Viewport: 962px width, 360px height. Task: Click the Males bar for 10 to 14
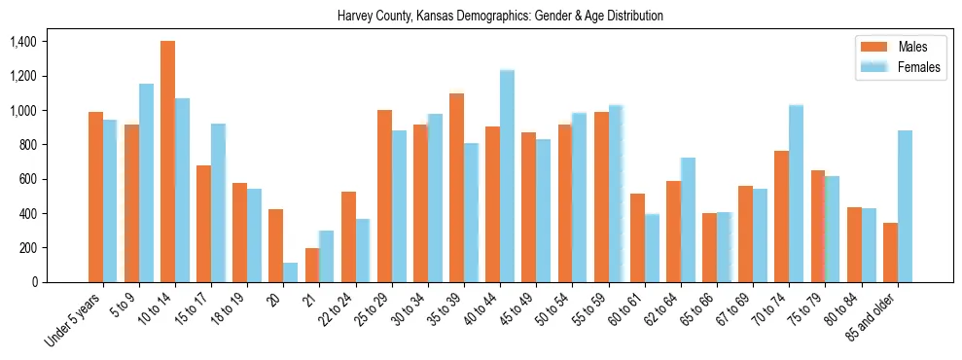[167, 162]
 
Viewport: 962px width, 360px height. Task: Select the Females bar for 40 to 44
[507, 176]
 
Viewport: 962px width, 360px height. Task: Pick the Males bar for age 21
[311, 265]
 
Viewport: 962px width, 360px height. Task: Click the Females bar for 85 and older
[905, 206]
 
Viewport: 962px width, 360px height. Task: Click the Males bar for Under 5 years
[95, 197]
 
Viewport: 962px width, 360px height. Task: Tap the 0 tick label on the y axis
[33, 282]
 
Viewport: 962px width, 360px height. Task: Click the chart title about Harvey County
[500, 17]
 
